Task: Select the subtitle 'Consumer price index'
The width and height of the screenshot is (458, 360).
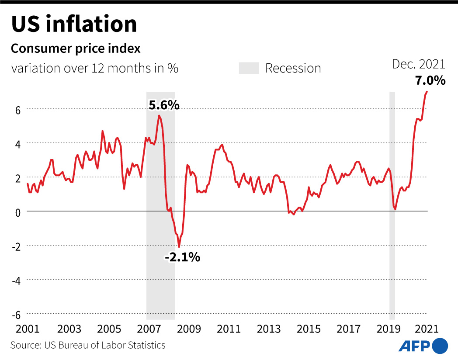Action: click(76, 48)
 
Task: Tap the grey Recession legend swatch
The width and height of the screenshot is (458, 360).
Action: click(249, 68)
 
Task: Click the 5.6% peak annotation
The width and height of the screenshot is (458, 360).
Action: click(164, 105)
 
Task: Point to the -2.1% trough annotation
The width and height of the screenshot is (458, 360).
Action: click(182, 257)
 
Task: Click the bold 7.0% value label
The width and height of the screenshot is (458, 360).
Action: click(430, 80)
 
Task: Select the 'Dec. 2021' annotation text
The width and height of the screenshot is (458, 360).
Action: click(418, 65)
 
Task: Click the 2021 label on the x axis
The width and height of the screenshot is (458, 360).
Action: click(426, 329)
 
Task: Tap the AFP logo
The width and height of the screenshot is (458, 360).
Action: click(423, 346)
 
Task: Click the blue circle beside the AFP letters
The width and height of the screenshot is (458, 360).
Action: click(440, 346)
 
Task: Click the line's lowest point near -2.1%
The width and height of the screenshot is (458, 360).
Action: click(179, 247)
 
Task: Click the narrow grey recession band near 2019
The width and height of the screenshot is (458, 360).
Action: click(392, 205)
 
